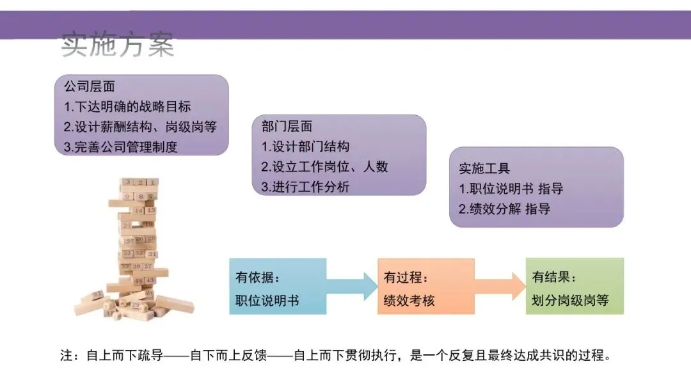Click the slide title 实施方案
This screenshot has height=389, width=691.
tap(117, 45)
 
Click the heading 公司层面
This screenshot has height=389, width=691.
tap(89, 86)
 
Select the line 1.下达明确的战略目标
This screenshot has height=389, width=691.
tap(127, 106)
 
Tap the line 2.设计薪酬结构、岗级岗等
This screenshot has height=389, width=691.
tap(140, 126)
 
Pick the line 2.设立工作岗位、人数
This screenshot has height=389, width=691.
tap(324, 167)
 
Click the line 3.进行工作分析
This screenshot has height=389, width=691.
tap(305, 187)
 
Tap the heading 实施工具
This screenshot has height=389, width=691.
tap(484, 168)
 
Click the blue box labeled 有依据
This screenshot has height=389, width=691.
tap(278, 287)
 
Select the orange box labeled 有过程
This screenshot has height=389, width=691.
tap(426, 287)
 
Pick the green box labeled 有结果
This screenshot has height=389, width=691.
tap(575, 287)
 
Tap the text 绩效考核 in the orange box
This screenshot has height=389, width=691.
tap(409, 300)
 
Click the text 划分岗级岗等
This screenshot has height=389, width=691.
tap(570, 300)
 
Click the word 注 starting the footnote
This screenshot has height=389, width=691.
tap(67, 356)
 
